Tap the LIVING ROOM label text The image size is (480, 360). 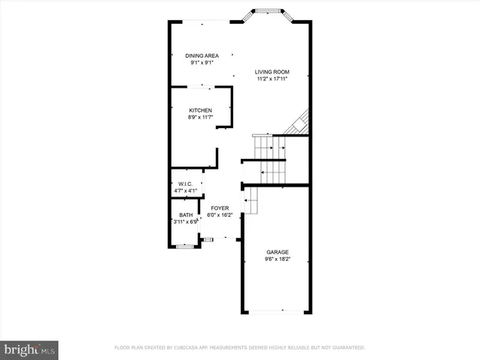coord(271,72)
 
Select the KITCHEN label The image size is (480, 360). coord(200,110)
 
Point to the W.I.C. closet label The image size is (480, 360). coord(185,183)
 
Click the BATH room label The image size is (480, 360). coord(185,214)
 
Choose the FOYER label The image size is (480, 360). coord(220,208)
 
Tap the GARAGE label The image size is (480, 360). coord(277,252)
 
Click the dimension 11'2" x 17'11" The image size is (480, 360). coord(271,79)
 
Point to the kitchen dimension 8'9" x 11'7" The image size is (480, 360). coord(200,118)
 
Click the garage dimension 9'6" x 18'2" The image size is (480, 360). coord(277,259)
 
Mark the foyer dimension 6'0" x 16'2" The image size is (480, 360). coord(220,215)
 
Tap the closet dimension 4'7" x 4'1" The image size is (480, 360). coord(185,190)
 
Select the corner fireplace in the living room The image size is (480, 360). coord(299,124)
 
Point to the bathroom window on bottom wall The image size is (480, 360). coord(185,245)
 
